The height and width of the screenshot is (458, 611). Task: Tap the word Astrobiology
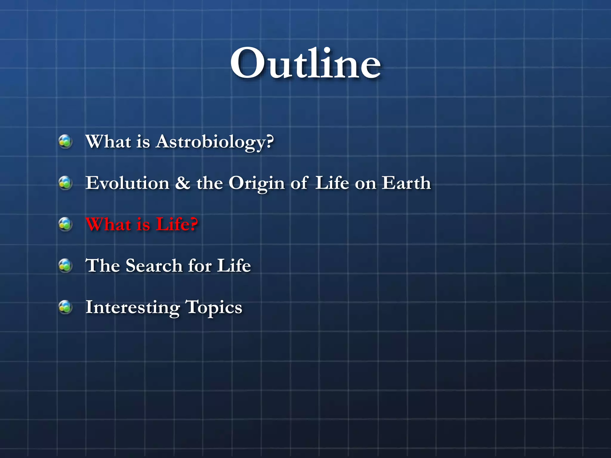211,142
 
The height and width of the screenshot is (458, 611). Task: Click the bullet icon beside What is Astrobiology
65,142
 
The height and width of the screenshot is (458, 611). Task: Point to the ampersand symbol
183,183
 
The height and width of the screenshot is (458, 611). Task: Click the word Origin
257,183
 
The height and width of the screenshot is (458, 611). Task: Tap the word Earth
406,183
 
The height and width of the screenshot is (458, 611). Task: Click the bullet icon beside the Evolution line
65,183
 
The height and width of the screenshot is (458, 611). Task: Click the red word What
108,224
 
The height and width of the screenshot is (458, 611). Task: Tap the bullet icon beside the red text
65,224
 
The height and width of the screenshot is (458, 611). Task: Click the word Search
154,265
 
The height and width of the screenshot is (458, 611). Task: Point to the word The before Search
103,265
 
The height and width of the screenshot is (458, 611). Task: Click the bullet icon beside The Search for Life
65,265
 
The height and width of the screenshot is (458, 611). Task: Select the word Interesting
132,307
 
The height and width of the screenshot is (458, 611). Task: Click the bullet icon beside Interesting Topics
65,307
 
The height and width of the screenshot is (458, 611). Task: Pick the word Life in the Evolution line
332,183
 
